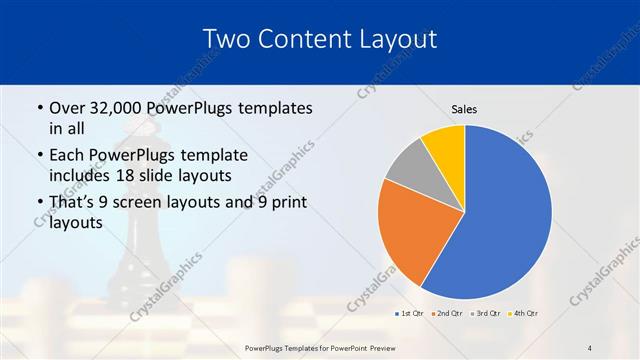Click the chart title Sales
[x=464, y=108]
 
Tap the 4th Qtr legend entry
[x=525, y=313]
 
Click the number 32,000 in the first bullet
[x=117, y=108]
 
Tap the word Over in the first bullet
[x=66, y=108]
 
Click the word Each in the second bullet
[x=67, y=156]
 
